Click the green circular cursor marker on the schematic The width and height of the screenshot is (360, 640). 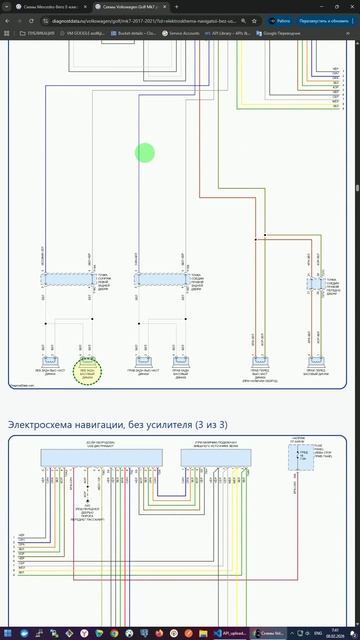tap(145, 153)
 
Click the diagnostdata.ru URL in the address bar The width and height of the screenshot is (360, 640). tap(150, 20)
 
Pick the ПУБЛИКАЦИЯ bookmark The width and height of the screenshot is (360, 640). tap(38, 33)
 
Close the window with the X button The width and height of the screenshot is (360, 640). tap(352, 6)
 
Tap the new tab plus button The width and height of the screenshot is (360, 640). tap(177, 6)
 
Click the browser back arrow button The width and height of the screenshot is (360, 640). tap(6, 20)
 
